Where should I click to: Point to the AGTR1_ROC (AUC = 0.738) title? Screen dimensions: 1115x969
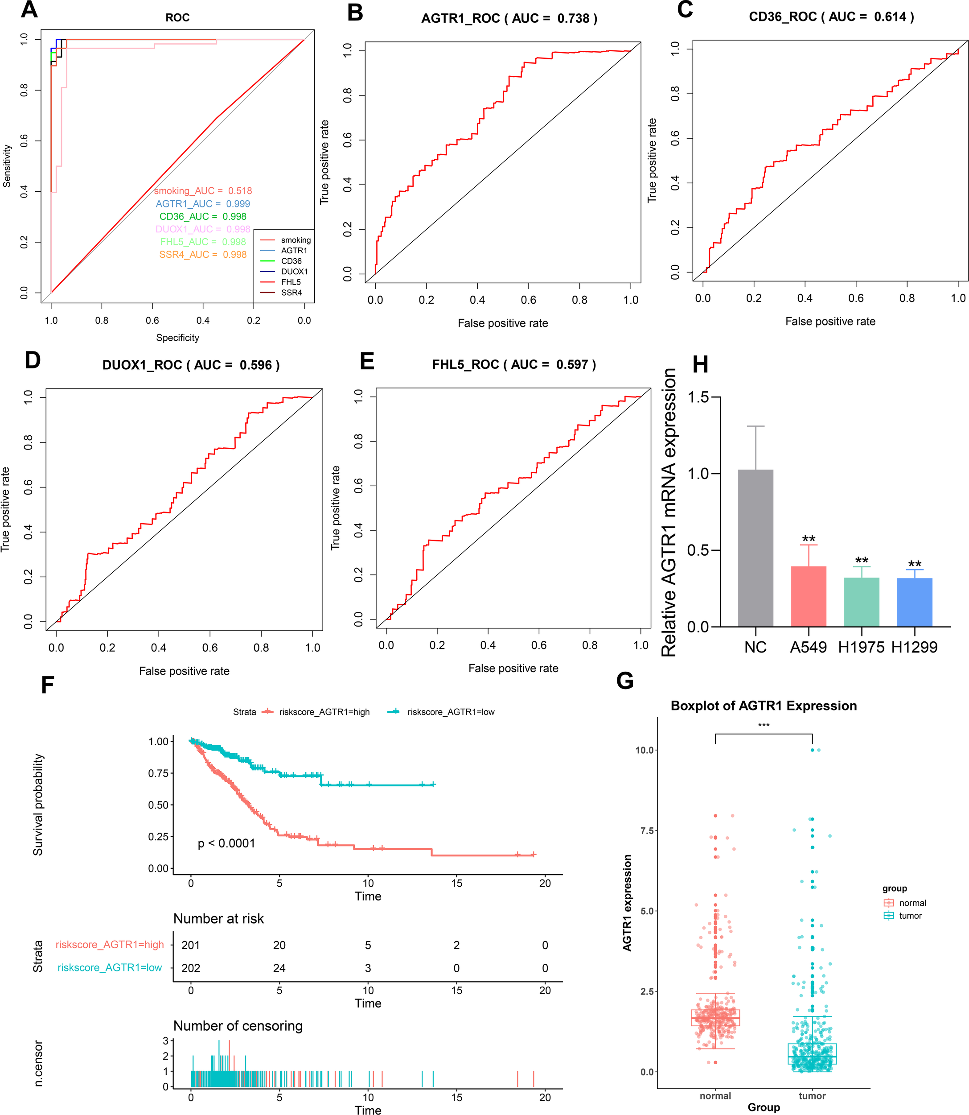click(x=509, y=19)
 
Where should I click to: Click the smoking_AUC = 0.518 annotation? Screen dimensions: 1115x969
click(x=203, y=191)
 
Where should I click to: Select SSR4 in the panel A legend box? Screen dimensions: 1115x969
click(x=291, y=293)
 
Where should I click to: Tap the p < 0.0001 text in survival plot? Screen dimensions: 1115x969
click(x=226, y=843)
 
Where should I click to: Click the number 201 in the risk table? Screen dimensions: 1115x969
click(x=190, y=945)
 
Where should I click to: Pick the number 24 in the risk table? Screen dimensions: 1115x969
click(x=279, y=968)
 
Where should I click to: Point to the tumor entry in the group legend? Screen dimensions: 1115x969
click(x=910, y=916)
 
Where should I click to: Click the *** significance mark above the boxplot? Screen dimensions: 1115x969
click(x=764, y=725)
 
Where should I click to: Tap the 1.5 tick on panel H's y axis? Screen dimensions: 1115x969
click(x=698, y=397)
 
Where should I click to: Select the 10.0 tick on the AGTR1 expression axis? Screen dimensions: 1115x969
click(x=645, y=750)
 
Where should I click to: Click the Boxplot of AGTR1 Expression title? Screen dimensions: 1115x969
click(x=764, y=706)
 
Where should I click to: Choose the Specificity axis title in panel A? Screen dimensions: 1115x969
click(x=177, y=338)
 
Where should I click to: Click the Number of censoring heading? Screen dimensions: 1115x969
click(x=238, y=1026)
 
